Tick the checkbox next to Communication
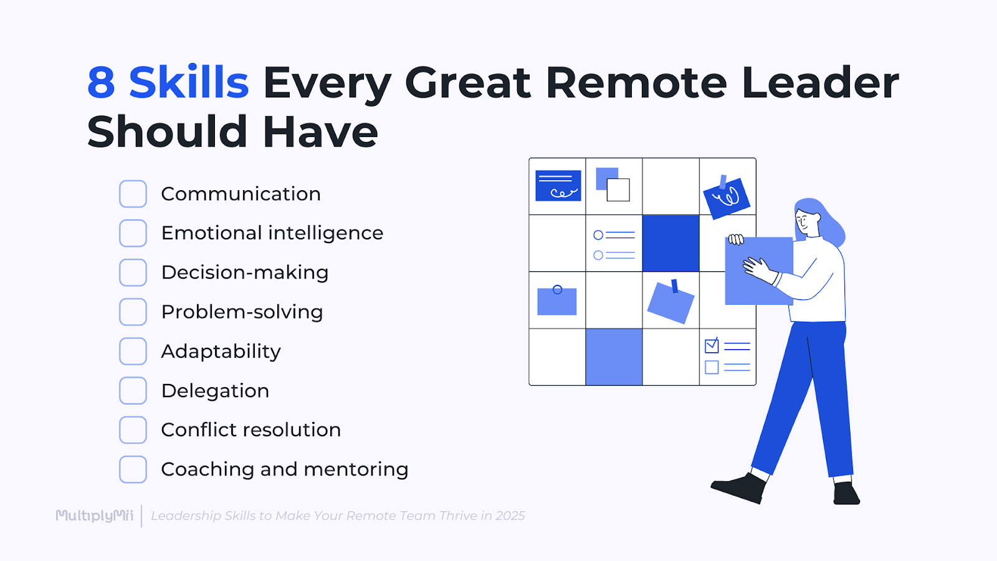133,194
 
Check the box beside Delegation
133,391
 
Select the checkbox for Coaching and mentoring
133,469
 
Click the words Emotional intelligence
272,233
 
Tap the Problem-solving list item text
242,312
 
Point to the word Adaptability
221,352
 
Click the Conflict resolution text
250,430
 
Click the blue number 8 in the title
102,83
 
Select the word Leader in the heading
820,83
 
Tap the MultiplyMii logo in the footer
95,515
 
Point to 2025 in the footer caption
510,516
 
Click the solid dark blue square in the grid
670,243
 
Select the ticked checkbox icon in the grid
712,345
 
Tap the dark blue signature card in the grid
558,186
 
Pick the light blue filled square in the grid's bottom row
614,357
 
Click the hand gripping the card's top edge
736,239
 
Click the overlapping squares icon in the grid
613,185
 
